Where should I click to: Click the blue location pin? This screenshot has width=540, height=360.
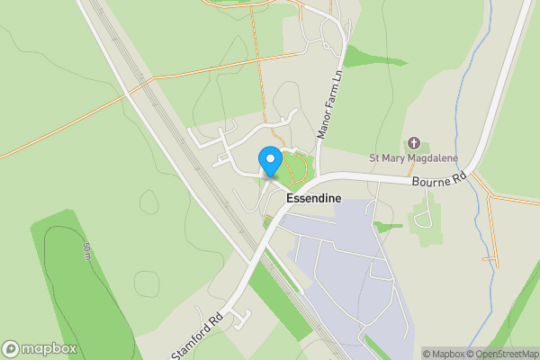[x=269, y=160]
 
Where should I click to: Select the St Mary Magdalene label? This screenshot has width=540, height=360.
[x=414, y=159]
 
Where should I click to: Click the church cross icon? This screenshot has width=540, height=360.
[x=414, y=143]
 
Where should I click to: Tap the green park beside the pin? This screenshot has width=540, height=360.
[x=292, y=166]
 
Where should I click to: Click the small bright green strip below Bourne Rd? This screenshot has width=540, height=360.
[x=389, y=225]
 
